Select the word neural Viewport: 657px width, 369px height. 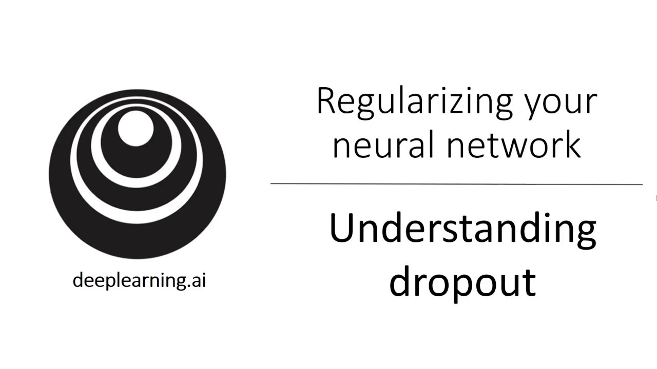(x=383, y=145)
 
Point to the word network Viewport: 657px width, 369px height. (x=514, y=145)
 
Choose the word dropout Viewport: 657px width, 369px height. (x=462, y=282)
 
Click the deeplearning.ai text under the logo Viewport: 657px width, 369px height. (x=139, y=280)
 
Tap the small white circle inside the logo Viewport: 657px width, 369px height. (x=136, y=128)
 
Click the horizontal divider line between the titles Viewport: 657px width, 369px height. (x=456, y=184)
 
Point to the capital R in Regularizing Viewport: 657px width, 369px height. (x=326, y=100)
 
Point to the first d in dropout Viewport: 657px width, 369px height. (x=400, y=281)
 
